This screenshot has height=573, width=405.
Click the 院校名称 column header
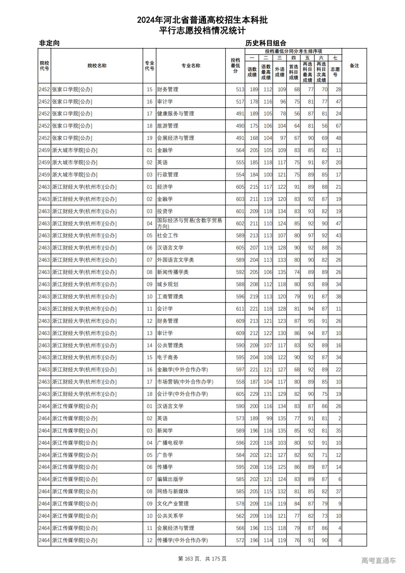97,66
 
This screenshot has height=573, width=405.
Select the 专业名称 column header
191,66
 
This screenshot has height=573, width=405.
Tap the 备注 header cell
354,66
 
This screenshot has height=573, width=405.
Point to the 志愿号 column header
335,72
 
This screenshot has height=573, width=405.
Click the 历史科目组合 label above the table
266,43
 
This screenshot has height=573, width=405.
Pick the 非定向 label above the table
49,43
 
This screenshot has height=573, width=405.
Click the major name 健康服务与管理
176,114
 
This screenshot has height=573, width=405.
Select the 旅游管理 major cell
168,126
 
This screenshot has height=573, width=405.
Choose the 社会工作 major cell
168,236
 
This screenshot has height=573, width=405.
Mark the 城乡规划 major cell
168,284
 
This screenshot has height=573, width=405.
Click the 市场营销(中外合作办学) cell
185,382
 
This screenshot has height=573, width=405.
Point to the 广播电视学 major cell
170,443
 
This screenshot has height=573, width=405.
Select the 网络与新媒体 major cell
173,492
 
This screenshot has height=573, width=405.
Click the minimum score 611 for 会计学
240,309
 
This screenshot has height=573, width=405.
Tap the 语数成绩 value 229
254,394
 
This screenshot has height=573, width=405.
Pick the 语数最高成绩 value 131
268,394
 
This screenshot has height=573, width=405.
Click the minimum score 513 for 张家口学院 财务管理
240,90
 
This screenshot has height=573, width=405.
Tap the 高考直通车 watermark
378,560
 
